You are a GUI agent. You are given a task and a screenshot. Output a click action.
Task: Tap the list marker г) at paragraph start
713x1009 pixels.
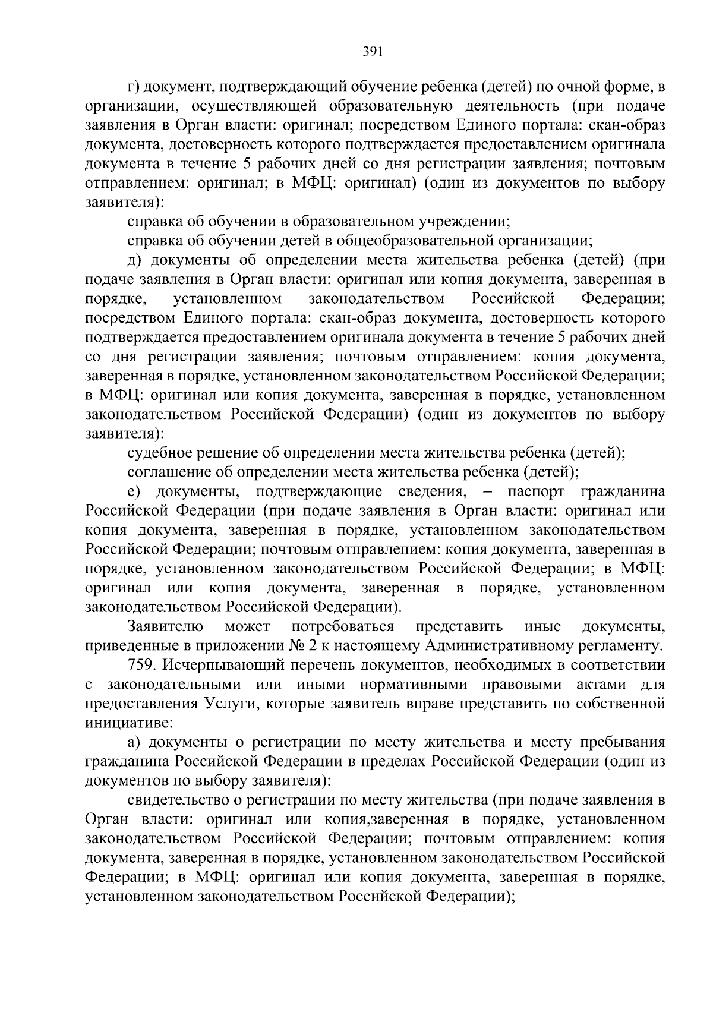[133, 88]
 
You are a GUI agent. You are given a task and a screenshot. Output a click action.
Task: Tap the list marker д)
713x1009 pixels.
[134, 261]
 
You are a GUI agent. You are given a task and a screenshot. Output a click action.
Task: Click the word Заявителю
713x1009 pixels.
[166, 627]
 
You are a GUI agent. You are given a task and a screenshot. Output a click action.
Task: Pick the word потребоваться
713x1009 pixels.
[343, 627]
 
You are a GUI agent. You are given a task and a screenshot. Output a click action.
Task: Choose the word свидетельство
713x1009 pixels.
[178, 800]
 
